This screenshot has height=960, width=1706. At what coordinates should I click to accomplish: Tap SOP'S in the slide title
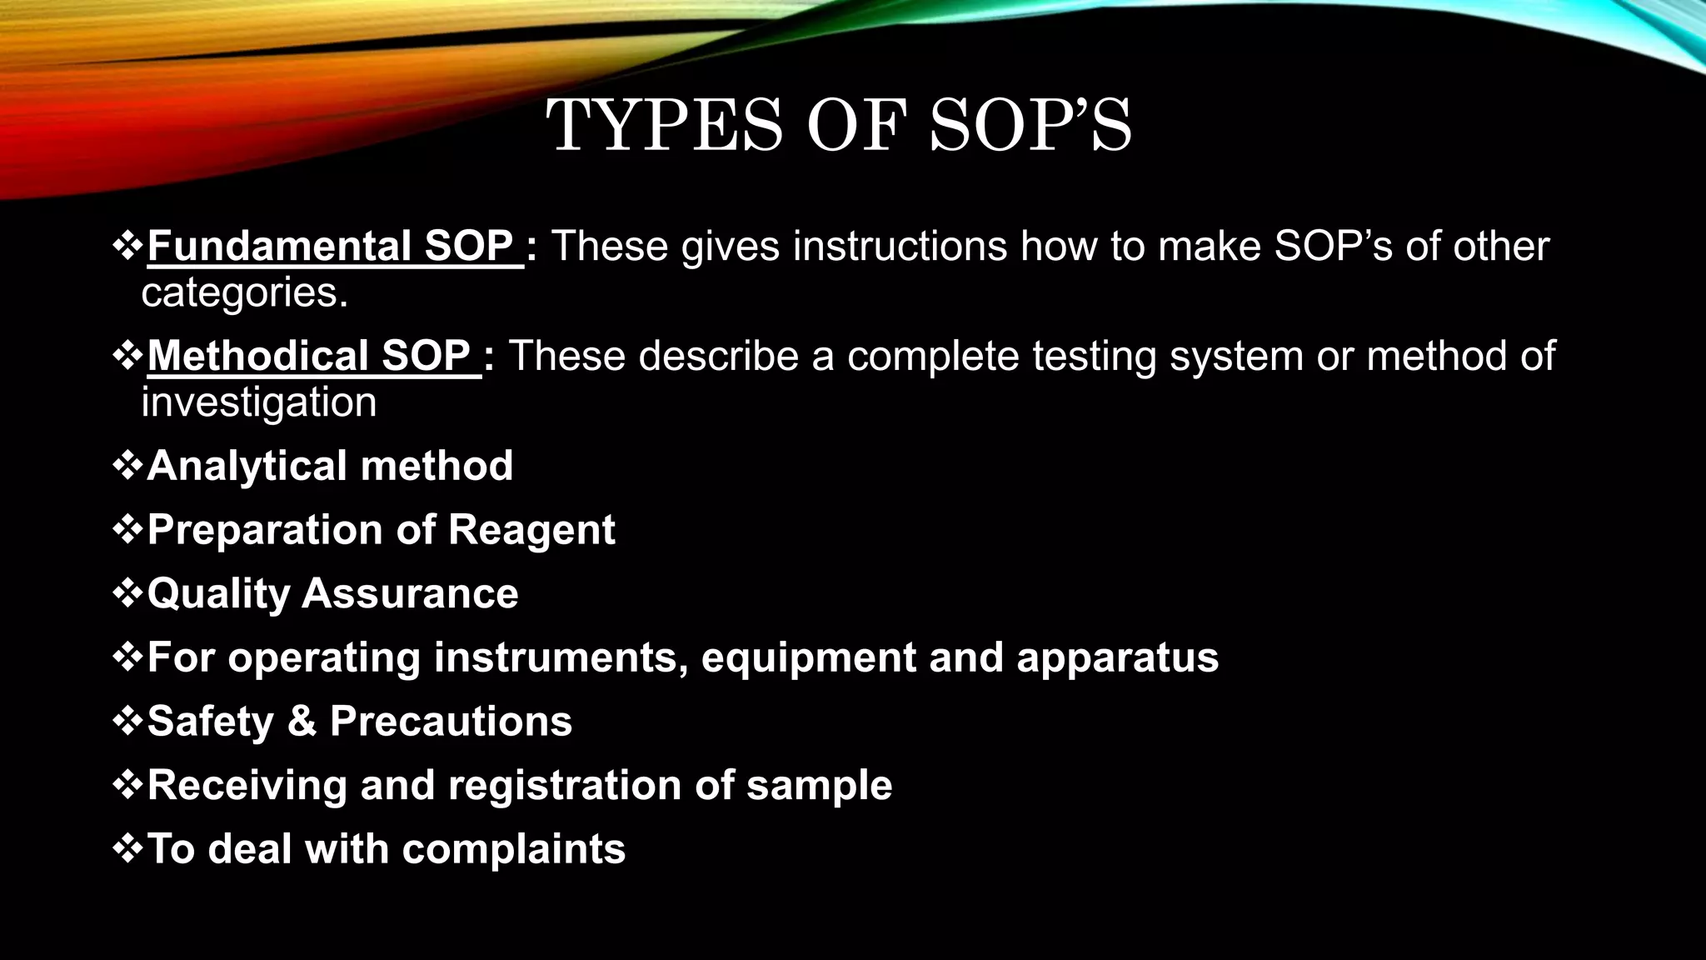[1030, 126]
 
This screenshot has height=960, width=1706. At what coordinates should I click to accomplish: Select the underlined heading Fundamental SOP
[332, 246]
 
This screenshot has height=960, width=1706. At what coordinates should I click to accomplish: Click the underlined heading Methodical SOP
[310, 356]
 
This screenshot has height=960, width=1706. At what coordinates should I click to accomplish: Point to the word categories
[244, 292]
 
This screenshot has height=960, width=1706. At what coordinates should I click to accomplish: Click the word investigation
[259, 402]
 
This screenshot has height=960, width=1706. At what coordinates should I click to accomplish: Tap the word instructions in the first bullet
[900, 246]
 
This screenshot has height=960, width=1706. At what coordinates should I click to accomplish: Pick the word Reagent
[531, 530]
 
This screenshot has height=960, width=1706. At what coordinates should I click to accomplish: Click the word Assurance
[410, 593]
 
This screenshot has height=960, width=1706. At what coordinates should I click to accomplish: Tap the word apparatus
[1117, 657]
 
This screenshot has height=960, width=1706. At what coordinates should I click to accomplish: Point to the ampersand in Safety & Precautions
[302, 721]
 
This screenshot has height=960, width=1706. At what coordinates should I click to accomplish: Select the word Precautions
[451, 721]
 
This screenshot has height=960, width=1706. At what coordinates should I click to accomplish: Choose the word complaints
[513, 849]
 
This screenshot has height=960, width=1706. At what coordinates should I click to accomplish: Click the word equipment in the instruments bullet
[808, 657]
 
